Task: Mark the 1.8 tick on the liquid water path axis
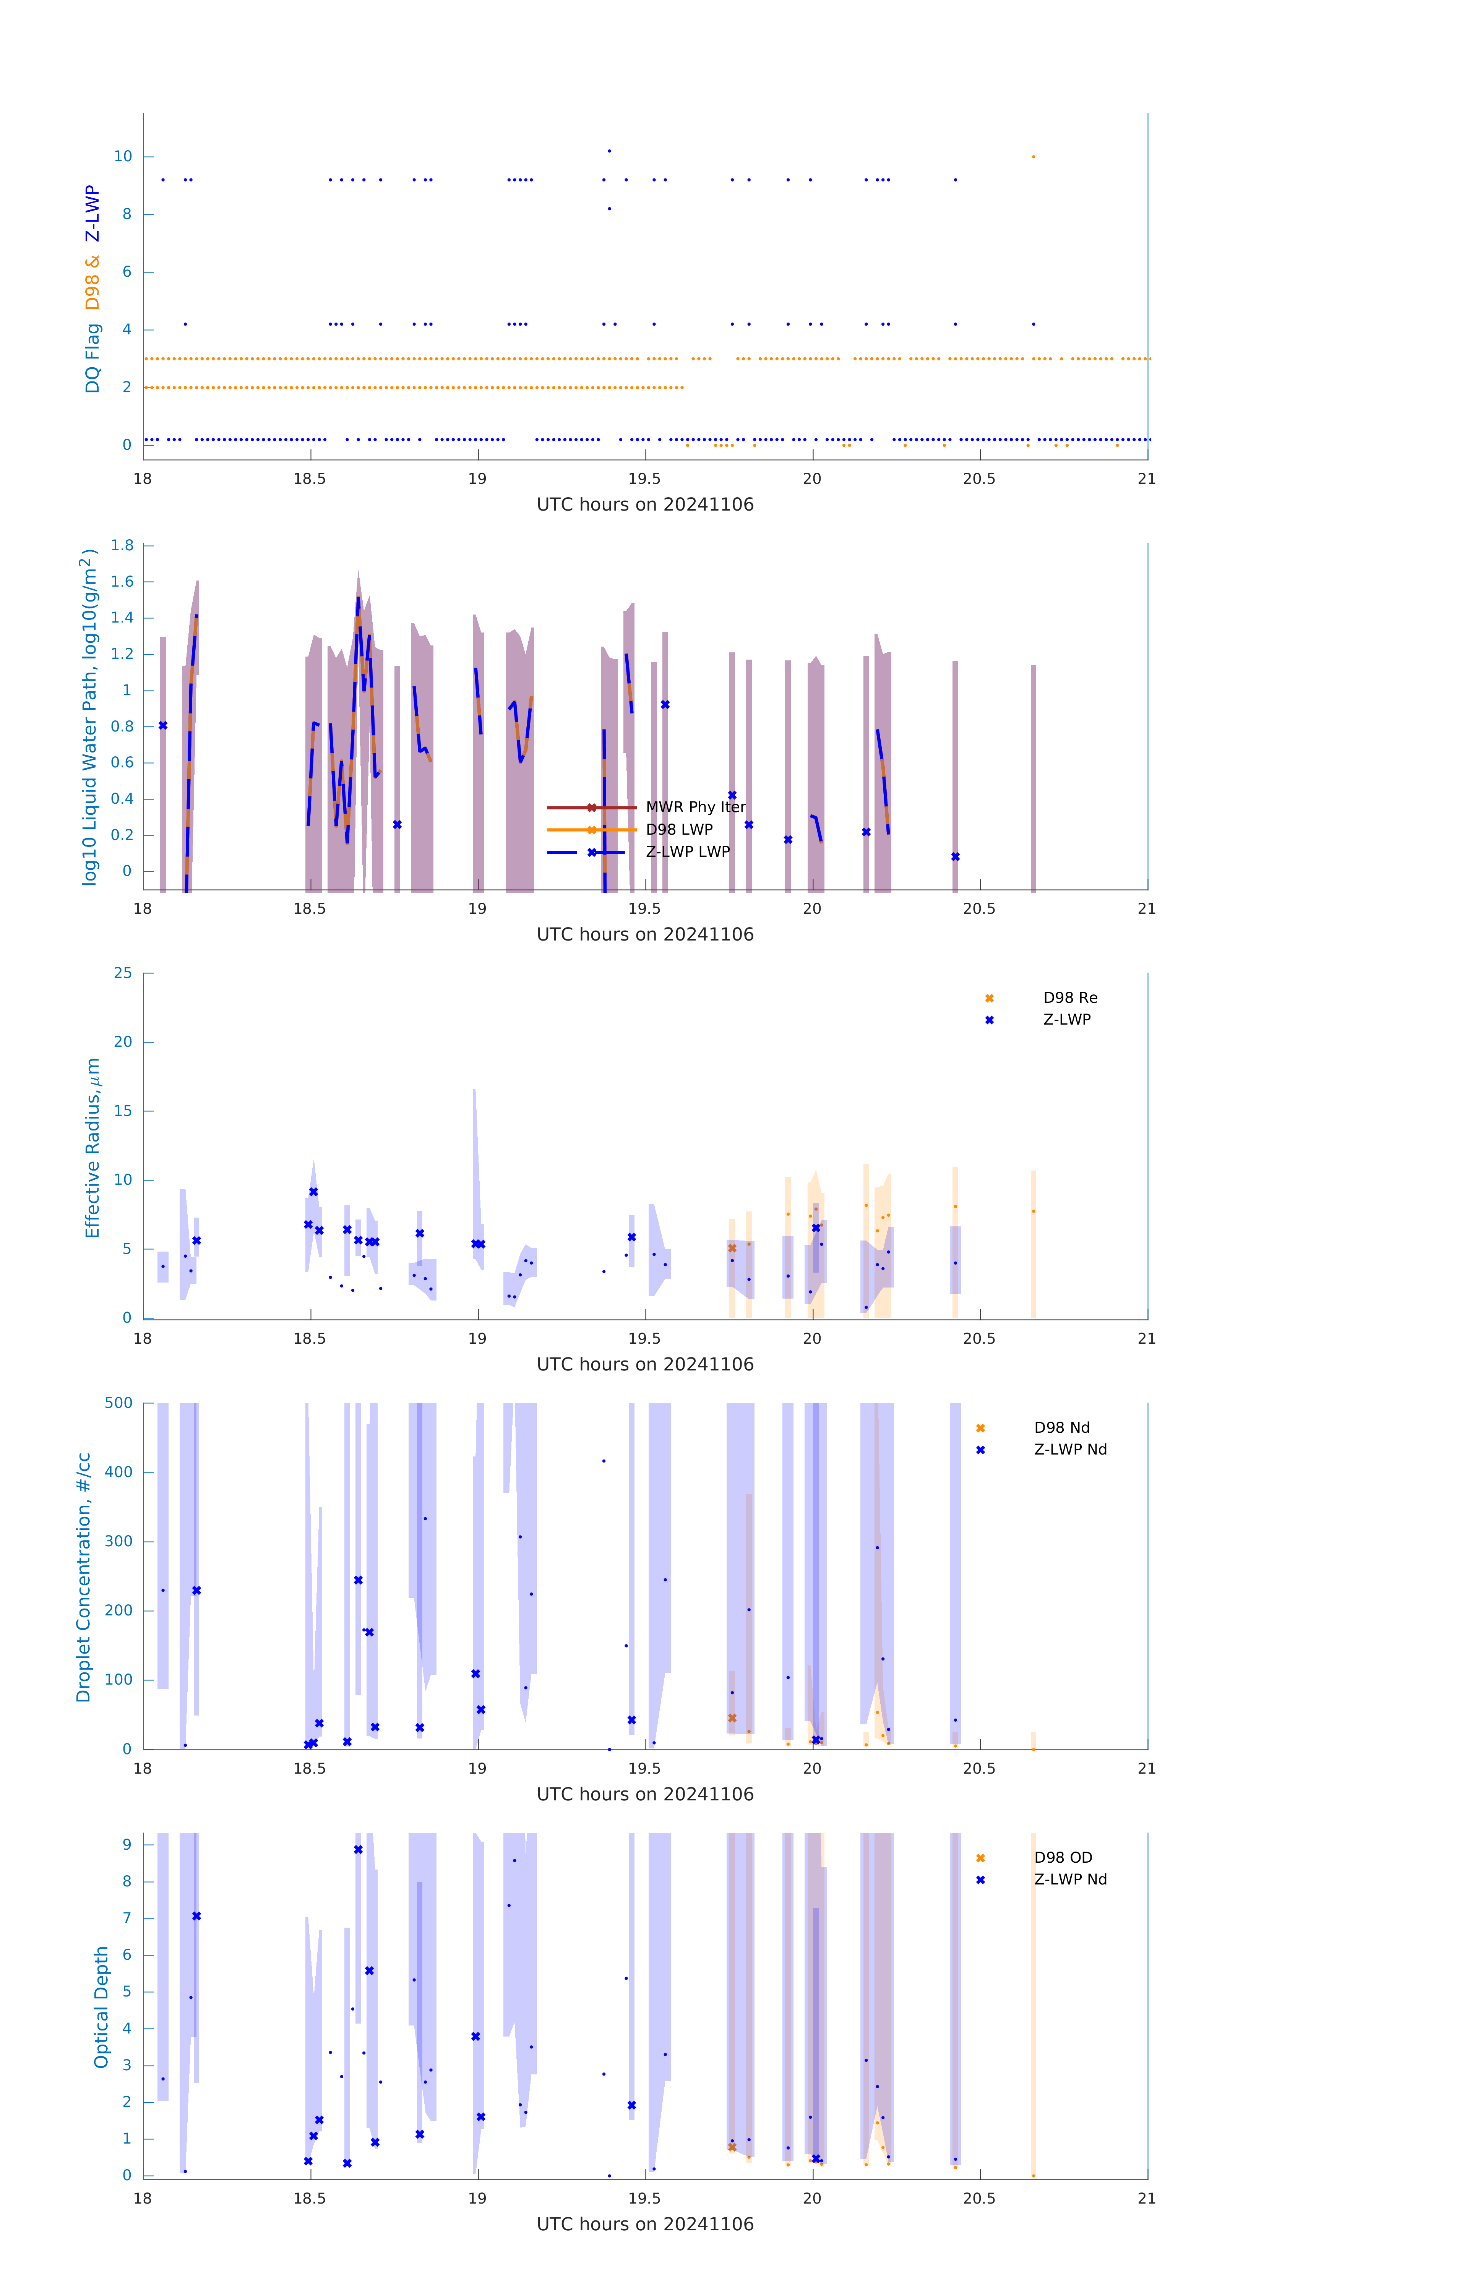(122, 546)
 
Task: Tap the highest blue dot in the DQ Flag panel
(610, 151)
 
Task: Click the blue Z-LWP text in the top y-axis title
(92, 213)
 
